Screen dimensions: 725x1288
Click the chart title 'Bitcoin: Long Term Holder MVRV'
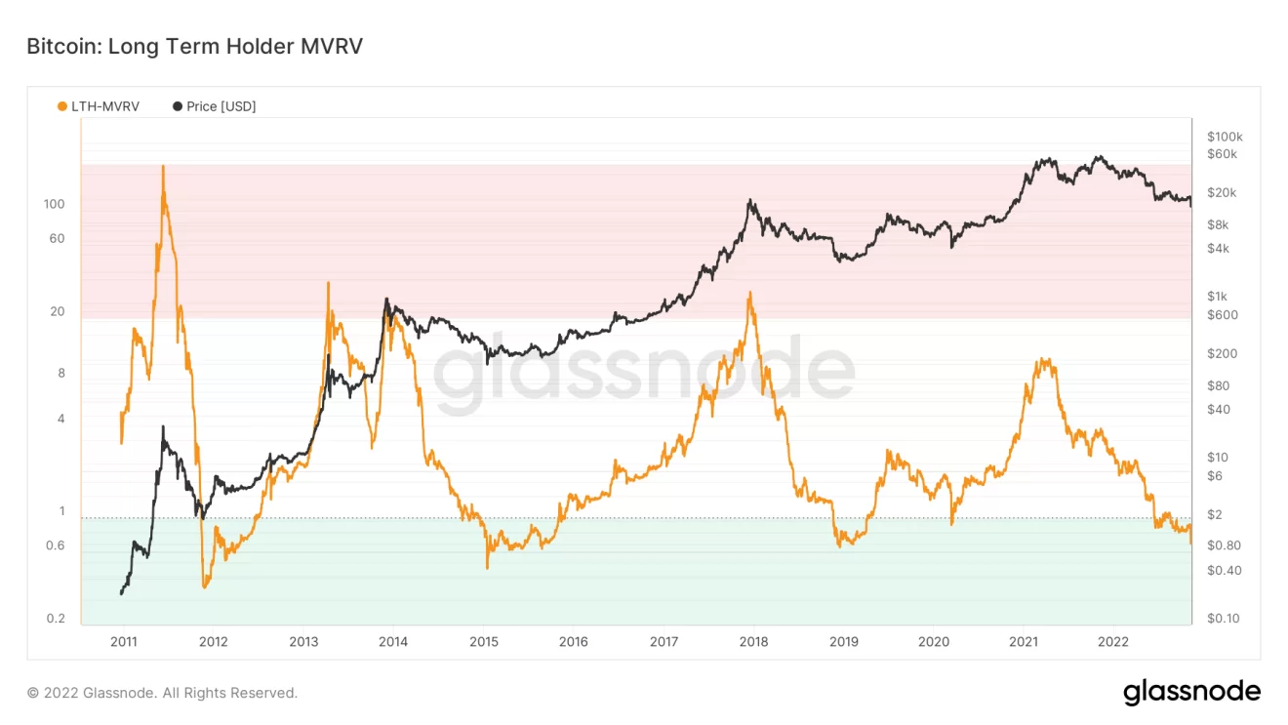coord(194,47)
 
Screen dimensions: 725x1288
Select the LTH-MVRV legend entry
coord(104,106)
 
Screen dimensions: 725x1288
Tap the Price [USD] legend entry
coord(221,106)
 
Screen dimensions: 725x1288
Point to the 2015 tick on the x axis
coord(483,641)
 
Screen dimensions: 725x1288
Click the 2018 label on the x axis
coord(753,641)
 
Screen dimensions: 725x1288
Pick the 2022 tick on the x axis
coord(1113,641)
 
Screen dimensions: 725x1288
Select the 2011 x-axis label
coord(123,641)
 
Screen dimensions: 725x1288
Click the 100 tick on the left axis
coord(54,204)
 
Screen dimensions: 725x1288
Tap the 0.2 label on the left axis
coord(57,619)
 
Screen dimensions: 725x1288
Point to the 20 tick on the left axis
coord(58,311)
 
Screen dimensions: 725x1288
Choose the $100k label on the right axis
coord(1224,137)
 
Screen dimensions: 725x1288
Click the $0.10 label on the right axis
coord(1223,619)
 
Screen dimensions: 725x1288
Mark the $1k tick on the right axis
coord(1216,297)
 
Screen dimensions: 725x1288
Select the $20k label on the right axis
coord(1221,192)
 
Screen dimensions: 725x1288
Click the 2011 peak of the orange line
coord(163,167)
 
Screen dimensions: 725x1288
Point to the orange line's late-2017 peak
coord(749,292)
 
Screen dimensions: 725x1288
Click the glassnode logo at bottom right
coord(1191,692)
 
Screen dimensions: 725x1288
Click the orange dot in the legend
coord(62,106)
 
